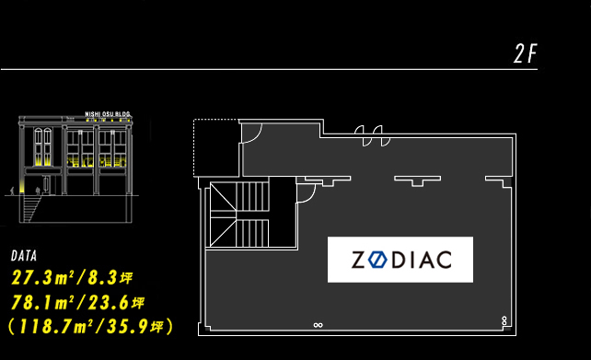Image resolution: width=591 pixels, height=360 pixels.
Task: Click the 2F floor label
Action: pos(526,53)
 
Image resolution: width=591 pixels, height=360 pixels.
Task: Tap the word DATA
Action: pos(24,256)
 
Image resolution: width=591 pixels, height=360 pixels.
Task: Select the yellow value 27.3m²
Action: pos(43,278)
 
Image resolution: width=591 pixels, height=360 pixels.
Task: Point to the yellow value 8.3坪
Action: pos(110,278)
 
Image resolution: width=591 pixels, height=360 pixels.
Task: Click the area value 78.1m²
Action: pos(43,303)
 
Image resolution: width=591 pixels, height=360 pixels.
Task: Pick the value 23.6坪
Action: pos(116,303)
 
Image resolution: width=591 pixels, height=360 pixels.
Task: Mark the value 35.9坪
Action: pos(135,327)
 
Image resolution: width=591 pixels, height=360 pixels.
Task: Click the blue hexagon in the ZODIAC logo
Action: pos(377,260)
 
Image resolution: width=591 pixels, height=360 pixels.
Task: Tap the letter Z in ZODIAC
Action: pos(358,261)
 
